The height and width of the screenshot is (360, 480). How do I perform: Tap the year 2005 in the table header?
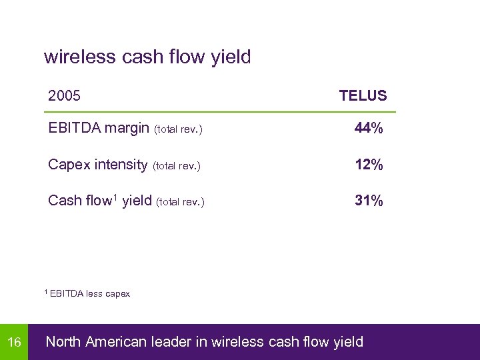click(x=65, y=96)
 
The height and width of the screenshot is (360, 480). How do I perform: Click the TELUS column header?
click(x=363, y=96)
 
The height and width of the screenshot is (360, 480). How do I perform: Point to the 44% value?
click(x=369, y=129)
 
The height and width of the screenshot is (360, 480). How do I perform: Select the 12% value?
click(x=369, y=165)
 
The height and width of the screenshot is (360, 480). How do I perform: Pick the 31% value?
click(x=369, y=201)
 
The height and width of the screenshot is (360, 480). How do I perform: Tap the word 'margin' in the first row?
click(x=128, y=129)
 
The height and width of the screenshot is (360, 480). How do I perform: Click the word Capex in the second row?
click(x=69, y=165)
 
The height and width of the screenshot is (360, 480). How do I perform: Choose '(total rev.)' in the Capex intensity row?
click(x=177, y=166)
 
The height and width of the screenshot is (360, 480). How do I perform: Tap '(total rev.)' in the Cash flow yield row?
click(x=180, y=202)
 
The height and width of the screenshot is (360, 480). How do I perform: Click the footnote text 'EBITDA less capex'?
click(x=90, y=293)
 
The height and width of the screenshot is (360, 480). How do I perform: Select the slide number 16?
click(x=14, y=343)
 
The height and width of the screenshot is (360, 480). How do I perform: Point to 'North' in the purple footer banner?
click(x=63, y=343)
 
